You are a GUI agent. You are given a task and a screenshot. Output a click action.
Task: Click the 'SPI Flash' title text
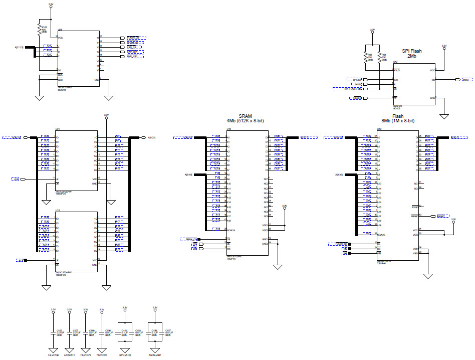tap(412, 51)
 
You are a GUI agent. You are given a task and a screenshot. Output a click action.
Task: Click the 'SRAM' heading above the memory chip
tap(245, 115)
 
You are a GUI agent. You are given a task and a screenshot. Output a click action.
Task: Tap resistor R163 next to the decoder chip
tap(39, 29)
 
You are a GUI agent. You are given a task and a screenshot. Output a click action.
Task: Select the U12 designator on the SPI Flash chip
tap(395, 62)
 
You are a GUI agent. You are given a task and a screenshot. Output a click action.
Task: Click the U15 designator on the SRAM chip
tap(228, 129)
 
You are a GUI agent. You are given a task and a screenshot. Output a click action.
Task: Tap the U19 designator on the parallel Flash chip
tap(379, 129)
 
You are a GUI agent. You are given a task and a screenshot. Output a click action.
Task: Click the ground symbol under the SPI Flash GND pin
tap(443, 117)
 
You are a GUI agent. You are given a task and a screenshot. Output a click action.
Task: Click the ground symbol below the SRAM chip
tap(278, 267)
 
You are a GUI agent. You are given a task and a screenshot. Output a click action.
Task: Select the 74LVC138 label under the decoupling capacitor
tap(54, 355)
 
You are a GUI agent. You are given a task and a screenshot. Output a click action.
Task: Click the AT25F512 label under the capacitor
tap(70, 355)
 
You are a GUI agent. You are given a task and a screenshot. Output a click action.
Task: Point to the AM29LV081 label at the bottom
tap(155, 355)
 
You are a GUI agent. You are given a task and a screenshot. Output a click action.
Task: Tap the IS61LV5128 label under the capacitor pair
tap(125, 355)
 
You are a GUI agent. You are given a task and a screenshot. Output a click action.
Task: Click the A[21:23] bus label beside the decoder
tap(20, 48)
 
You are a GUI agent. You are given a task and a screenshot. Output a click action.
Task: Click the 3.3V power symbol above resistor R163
tap(51, 5)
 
